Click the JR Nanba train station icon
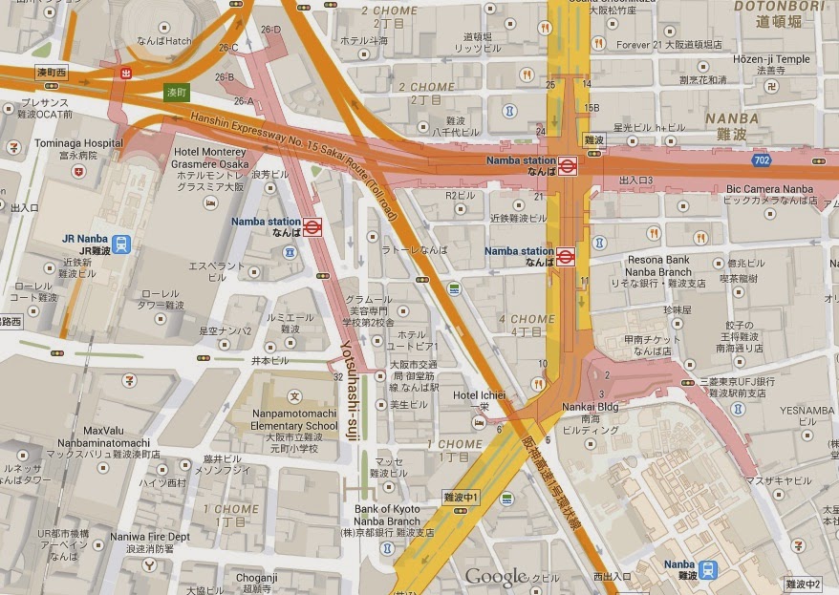121,244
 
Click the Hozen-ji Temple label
770,59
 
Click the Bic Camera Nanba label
769,189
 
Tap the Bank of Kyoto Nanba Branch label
387,516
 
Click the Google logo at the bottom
496,577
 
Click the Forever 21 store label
643,44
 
